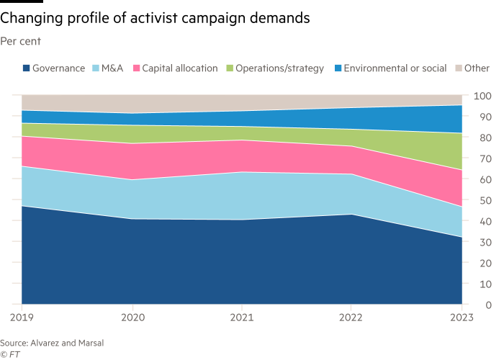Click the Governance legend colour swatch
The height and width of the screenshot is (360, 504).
pyautogui.click(x=26, y=68)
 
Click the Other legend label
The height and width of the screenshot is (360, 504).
pyautogui.click(x=477, y=68)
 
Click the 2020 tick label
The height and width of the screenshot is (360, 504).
pyautogui.click(x=132, y=316)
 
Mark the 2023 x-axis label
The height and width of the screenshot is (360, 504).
pyautogui.click(x=462, y=316)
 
